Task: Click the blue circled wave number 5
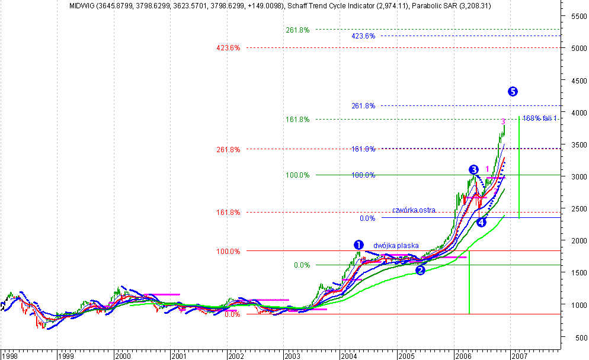coord(513,91)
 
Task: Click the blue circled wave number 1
coord(358,245)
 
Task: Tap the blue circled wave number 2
coord(420,271)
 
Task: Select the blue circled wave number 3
coord(473,170)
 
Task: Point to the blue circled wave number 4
coord(481,222)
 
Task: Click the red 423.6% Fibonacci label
coord(229,48)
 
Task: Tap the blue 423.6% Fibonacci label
coord(363,36)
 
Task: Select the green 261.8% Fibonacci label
coord(297,30)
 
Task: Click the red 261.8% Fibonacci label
coord(229,150)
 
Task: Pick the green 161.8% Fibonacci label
coord(297,120)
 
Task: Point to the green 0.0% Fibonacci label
coord(302,265)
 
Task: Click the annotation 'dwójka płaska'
coord(396,246)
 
